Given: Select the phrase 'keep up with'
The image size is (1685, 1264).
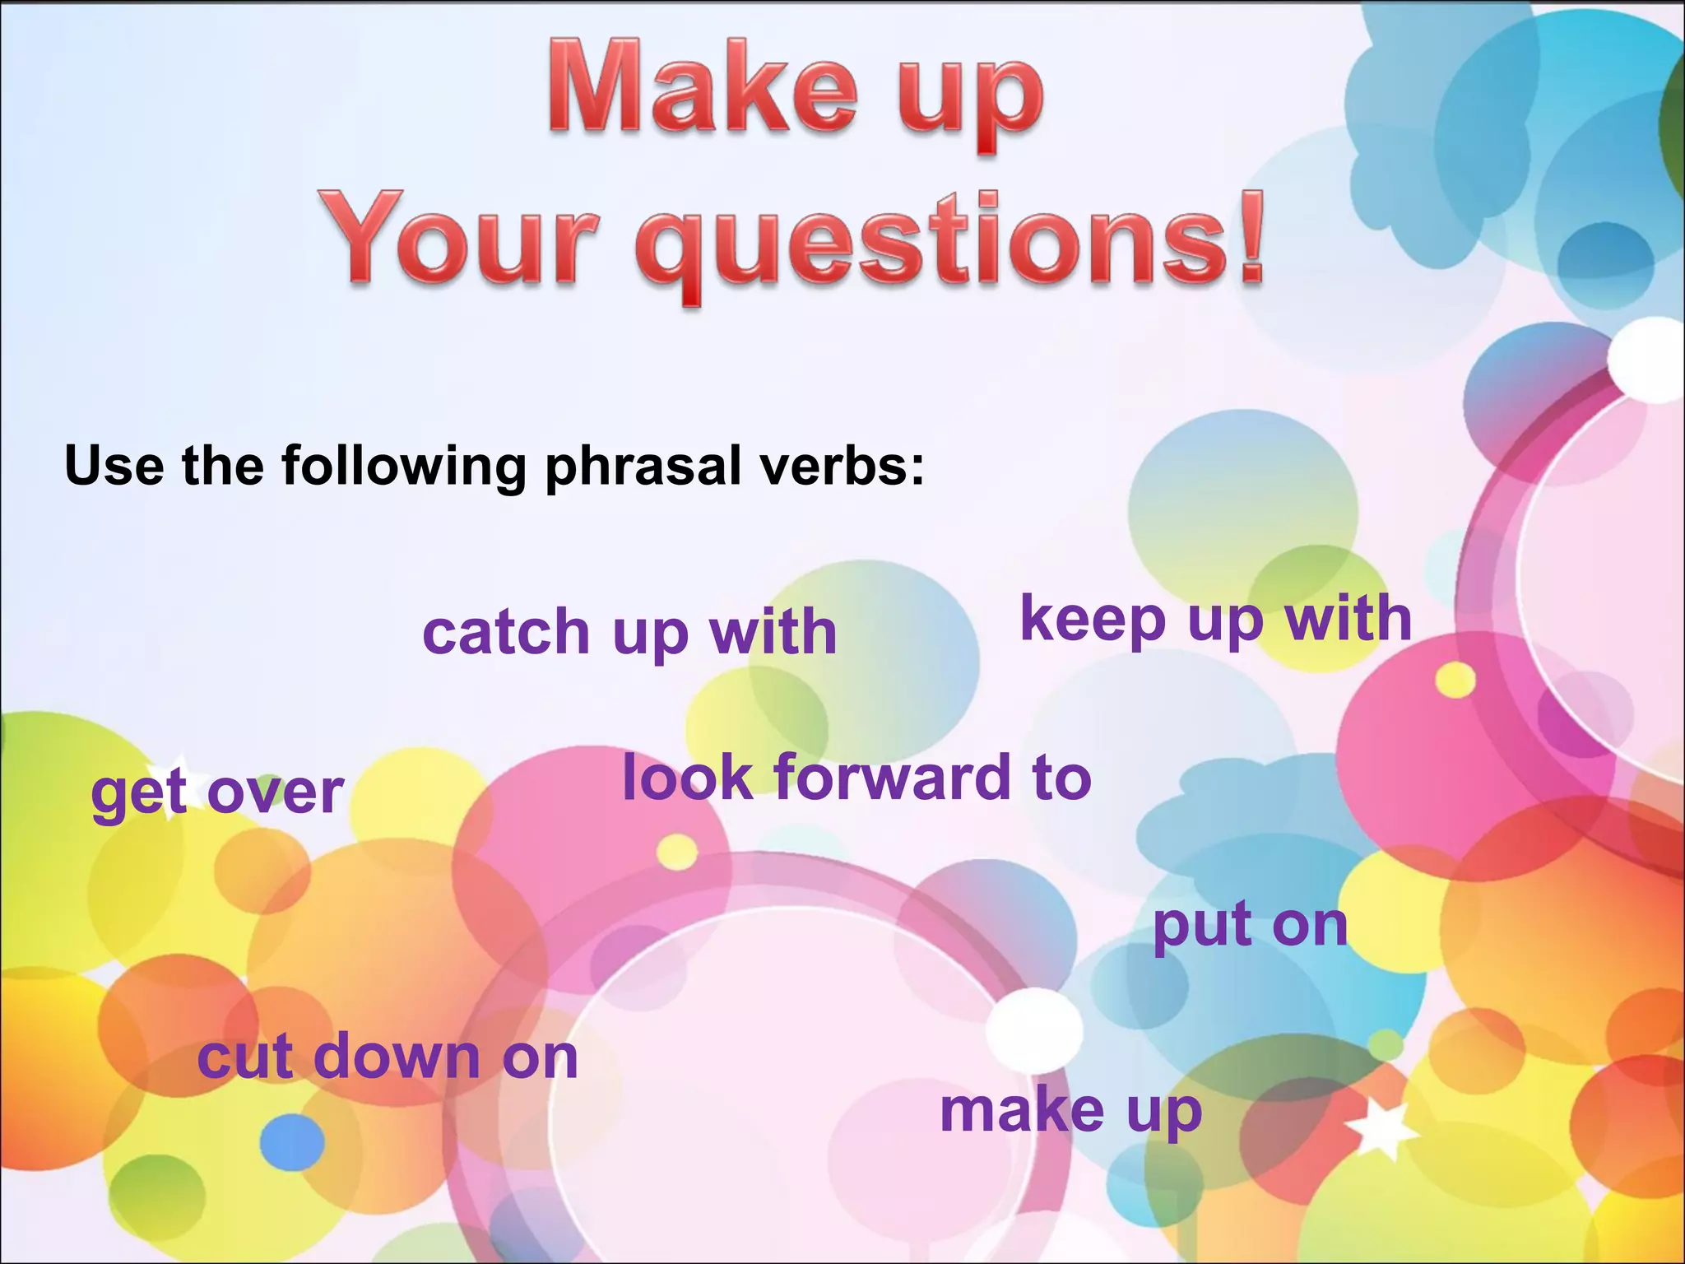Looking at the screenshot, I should point(1216,619).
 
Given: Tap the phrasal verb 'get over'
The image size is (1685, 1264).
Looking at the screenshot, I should point(216,792).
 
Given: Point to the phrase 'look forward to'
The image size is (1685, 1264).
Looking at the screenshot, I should point(856,778).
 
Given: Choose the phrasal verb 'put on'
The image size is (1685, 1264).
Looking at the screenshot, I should point(1250,925).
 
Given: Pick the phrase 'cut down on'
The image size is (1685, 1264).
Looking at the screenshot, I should point(388,1057).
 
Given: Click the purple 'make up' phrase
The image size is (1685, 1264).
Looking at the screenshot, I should point(1070,1110).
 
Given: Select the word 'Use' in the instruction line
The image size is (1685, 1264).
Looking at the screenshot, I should point(114,466).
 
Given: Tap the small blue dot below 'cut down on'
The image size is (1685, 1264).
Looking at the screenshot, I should point(292,1142).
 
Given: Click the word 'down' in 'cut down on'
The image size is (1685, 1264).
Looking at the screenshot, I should point(397,1057).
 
